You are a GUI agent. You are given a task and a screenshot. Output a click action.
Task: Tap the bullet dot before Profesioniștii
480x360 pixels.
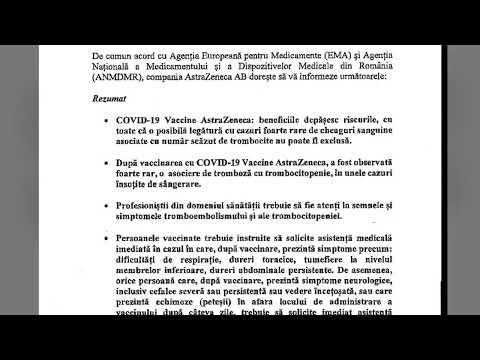(x=120, y=232)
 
